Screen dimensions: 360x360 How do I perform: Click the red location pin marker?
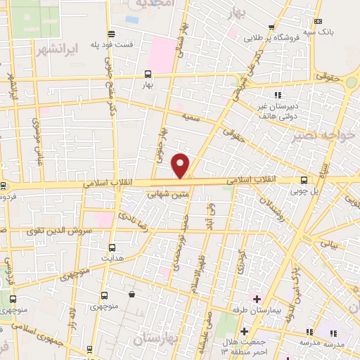click(x=181, y=165)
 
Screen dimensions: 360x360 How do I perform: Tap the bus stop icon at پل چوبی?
click(x=304, y=180)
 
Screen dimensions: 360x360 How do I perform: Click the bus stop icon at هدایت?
click(x=112, y=247)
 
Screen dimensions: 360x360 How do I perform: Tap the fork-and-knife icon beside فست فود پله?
click(x=110, y=34)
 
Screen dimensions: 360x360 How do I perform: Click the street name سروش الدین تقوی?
click(x=51, y=230)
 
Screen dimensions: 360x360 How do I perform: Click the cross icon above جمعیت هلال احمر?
click(x=244, y=331)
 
